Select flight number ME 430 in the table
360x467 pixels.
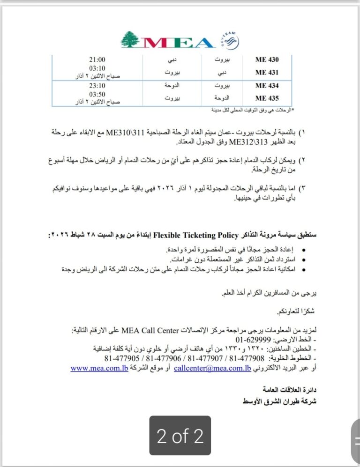tap(267, 60)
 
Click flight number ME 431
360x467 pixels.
tap(267, 73)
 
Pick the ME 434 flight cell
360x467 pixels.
tap(267, 86)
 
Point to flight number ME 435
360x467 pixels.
tap(267, 98)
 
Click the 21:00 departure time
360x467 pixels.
tap(97, 60)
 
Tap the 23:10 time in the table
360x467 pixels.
tap(97, 86)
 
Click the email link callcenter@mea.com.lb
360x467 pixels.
tap(212, 368)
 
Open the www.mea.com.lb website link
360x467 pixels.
tap(99, 368)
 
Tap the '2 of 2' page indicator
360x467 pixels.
tap(180, 436)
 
